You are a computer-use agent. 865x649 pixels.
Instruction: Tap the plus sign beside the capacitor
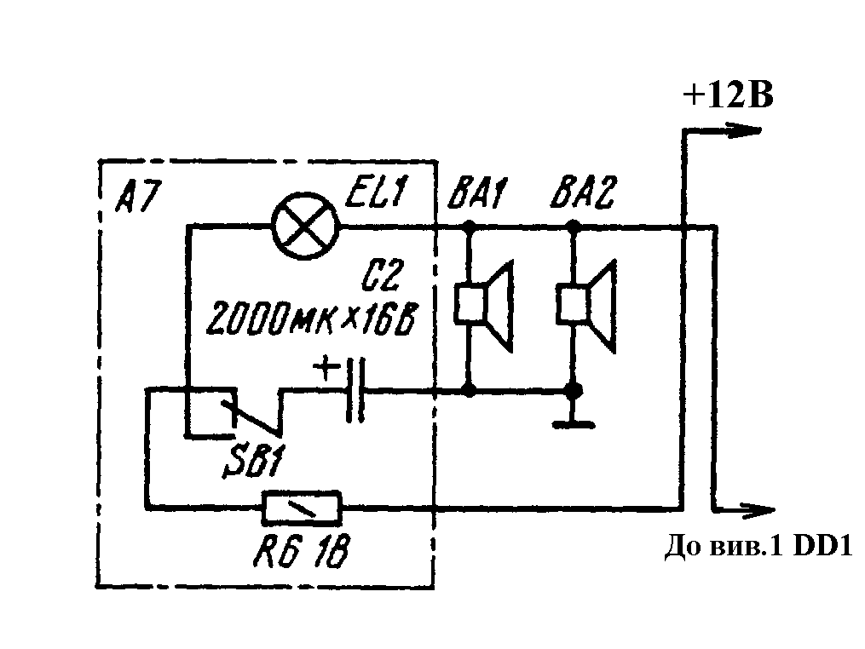pyautogui.click(x=325, y=369)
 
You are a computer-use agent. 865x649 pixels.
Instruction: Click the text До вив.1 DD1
pyautogui.click(x=757, y=548)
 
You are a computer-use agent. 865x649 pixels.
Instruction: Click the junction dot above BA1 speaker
pyautogui.click(x=468, y=227)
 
